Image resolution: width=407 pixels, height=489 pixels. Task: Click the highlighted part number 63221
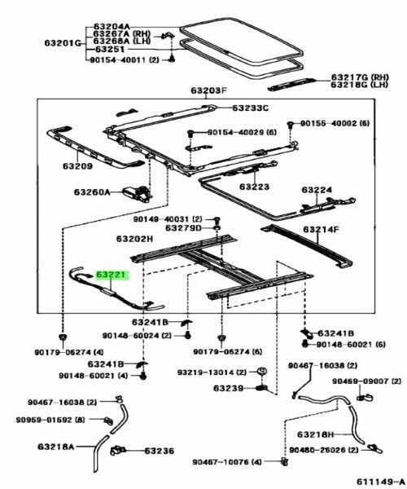112,275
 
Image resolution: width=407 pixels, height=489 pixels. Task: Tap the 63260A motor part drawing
137,192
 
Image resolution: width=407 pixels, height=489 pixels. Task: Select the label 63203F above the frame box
209,90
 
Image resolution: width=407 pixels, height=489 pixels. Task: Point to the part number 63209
77,166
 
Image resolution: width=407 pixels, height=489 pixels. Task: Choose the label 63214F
321,230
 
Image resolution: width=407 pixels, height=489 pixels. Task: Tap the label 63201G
63,42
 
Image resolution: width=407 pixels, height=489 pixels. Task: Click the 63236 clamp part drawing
117,451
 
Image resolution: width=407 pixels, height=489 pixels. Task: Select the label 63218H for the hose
316,434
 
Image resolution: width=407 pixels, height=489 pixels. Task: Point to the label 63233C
251,108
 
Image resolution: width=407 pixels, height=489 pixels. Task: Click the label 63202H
135,239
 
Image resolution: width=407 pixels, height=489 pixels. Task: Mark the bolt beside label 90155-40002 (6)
291,124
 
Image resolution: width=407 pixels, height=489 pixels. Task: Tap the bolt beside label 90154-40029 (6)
190,134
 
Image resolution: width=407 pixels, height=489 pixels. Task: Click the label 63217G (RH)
360,77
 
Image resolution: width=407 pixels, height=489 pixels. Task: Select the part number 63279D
183,228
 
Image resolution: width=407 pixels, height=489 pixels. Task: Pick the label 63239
228,388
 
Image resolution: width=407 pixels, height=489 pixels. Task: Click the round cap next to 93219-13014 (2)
261,371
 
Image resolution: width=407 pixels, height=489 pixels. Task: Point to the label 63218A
56,447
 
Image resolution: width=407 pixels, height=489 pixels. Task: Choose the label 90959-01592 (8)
50,420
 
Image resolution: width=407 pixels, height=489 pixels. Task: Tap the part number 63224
317,190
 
